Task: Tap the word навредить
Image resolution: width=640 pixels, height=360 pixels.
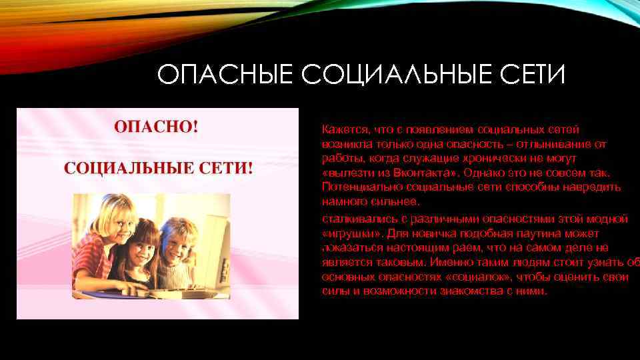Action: (x=591, y=187)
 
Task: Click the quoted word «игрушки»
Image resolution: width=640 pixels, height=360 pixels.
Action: (x=345, y=233)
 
